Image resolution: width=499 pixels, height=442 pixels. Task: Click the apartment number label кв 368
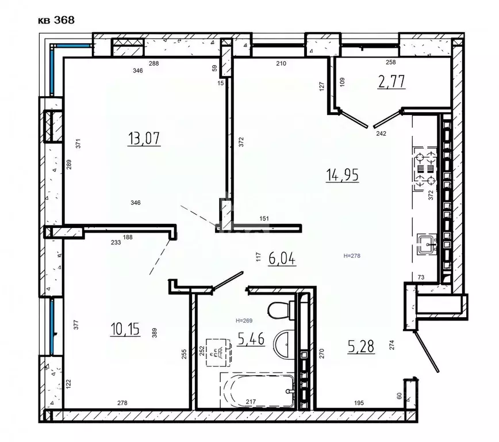click(56, 20)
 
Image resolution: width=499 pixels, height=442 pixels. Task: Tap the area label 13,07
click(144, 139)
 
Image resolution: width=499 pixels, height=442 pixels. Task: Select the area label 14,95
click(343, 175)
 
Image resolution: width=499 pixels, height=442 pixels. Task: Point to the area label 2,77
click(391, 82)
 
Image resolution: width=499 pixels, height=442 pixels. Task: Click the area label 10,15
click(125, 329)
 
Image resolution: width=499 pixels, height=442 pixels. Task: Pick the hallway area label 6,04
click(282, 258)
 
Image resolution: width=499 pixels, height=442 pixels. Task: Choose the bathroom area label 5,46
click(251, 339)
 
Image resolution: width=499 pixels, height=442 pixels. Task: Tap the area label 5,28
click(361, 346)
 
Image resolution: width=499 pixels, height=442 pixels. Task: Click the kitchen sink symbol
click(427, 244)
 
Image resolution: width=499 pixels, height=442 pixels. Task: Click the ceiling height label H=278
click(352, 256)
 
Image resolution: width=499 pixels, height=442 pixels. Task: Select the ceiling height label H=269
click(244, 321)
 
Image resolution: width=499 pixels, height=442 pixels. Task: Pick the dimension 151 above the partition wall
click(264, 219)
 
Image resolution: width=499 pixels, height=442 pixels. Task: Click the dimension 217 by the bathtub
click(251, 402)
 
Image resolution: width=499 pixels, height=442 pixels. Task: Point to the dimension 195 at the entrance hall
click(359, 403)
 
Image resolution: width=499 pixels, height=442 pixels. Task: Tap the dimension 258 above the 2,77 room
click(391, 62)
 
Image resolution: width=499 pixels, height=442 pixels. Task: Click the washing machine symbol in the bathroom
click(218, 352)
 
